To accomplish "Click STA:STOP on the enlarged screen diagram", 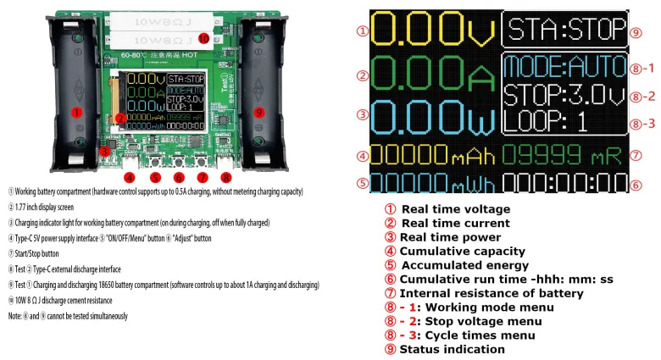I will (563, 30).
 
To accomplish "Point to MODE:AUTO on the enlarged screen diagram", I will (563, 66).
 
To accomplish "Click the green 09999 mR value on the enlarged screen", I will (560, 155).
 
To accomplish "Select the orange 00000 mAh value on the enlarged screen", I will (429, 155).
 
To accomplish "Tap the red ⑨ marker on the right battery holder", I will (258, 112).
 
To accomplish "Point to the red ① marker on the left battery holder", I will (76, 112).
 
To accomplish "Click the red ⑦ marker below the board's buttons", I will (202, 178).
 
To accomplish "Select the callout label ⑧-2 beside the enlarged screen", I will (644, 96).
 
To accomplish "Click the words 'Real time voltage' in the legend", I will (455, 209).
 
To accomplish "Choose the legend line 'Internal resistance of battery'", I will (492, 293).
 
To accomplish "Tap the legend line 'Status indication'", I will (452, 349).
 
